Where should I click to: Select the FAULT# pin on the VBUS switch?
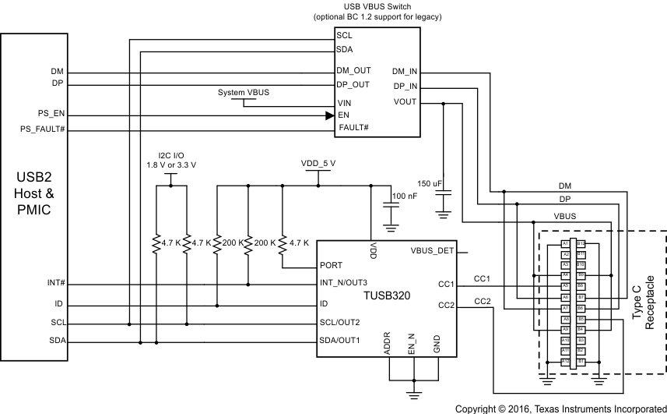tap(353, 127)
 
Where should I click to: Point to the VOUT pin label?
tap(405, 101)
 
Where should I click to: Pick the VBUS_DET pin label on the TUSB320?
tap(431, 251)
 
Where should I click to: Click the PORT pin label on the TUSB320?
tap(332, 266)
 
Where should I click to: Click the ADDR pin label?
tap(387, 344)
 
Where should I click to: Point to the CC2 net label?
tap(483, 301)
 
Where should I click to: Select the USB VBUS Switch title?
tap(376, 7)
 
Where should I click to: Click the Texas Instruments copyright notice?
tap(560, 408)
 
